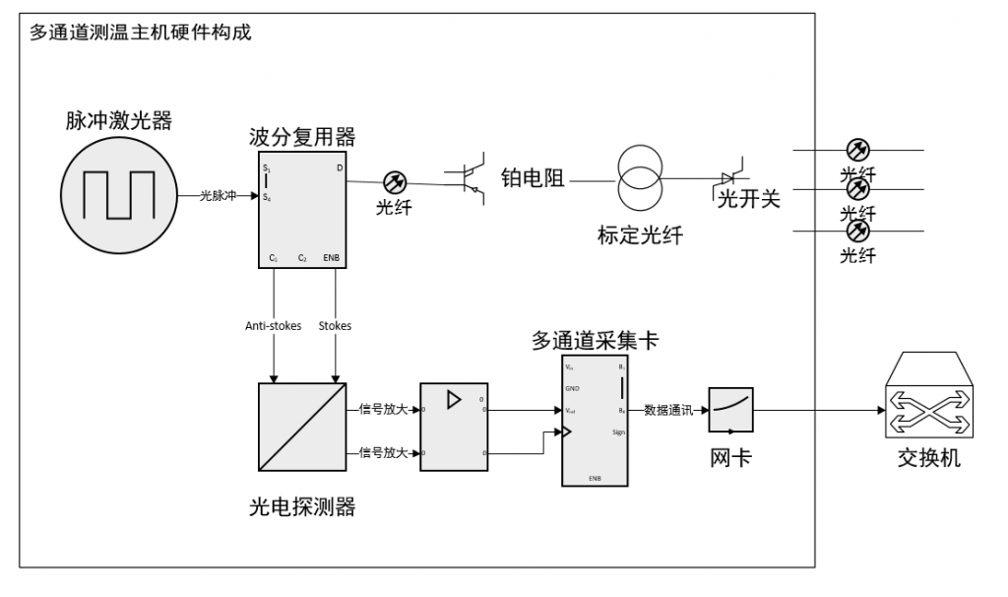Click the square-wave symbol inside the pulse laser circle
tap(118, 195)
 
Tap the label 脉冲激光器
tap(119, 121)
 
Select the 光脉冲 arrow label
tap(219, 196)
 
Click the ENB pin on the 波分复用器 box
tap(332, 258)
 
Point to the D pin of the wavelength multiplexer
tap(340, 168)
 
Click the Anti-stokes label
tap(273, 326)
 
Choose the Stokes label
tap(336, 326)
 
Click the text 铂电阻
tap(533, 178)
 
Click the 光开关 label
tap(748, 199)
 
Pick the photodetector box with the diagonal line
tap(300, 427)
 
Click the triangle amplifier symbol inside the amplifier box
tap(454, 400)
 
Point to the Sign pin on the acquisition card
tap(618, 432)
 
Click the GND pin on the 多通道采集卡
tap(572, 388)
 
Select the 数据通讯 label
tap(667, 409)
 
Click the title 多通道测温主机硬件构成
tap(141, 33)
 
